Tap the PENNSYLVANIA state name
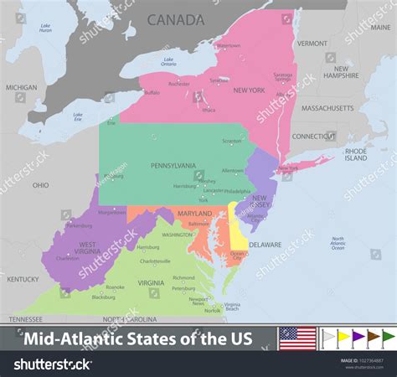(x=173, y=166)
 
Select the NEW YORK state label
(x=249, y=90)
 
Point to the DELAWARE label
(x=265, y=245)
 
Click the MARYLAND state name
(x=194, y=214)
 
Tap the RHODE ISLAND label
(x=356, y=154)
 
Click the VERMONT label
(x=312, y=43)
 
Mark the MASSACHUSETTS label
(x=327, y=108)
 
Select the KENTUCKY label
(x=23, y=279)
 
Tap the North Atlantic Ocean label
(x=338, y=243)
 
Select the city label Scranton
(x=232, y=141)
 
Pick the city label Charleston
(x=68, y=258)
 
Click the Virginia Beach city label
(x=231, y=307)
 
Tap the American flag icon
(x=297, y=338)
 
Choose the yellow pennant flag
(x=343, y=338)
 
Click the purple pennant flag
(x=358, y=338)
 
